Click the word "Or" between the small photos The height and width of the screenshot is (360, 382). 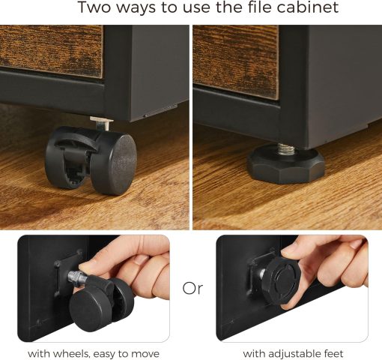tap(192, 289)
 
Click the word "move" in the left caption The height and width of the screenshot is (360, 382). tap(145, 353)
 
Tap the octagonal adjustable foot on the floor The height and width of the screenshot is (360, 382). tap(286, 164)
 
